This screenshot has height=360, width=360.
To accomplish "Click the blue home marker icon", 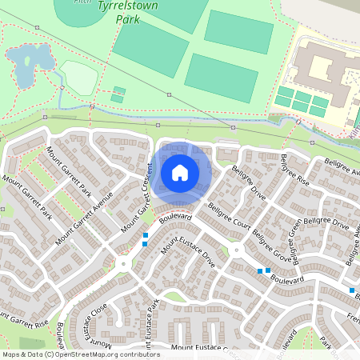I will pos(180,172).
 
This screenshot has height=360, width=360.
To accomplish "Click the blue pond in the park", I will pos(26,62).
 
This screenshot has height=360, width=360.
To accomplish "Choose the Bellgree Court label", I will pos(230,218).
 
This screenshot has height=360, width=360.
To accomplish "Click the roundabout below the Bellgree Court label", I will pos(236,251).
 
